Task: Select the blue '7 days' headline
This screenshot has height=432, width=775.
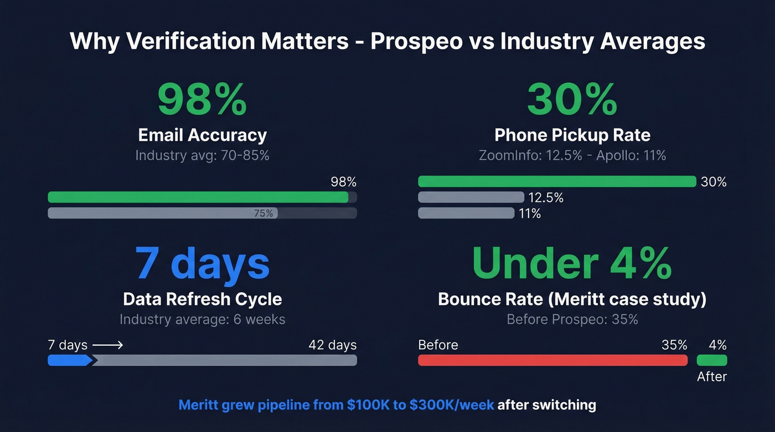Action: (202, 263)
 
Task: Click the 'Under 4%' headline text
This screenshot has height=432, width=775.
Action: (572, 263)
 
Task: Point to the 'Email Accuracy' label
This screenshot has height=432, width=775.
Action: (202, 135)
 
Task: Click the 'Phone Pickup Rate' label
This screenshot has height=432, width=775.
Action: (572, 135)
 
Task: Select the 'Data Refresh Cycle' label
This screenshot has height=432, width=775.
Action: (202, 299)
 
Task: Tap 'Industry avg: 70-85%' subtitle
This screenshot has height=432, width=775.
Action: (202, 155)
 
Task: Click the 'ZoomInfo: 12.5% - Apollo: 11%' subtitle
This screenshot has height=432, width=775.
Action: (572, 155)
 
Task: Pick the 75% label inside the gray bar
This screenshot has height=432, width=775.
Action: (263, 213)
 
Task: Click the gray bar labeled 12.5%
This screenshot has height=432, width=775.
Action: (471, 197)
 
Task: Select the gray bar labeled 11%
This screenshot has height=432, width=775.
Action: (466, 213)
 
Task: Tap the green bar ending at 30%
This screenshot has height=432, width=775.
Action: (556, 181)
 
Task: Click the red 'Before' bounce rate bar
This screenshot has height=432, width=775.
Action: (552, 361)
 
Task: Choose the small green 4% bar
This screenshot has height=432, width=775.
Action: (711, 361)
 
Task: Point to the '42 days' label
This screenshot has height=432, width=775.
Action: (332, 345)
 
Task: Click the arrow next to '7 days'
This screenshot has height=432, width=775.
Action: (107, 345)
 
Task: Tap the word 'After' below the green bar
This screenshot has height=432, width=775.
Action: (711, 377)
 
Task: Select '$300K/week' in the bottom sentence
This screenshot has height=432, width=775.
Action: (451, 405)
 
